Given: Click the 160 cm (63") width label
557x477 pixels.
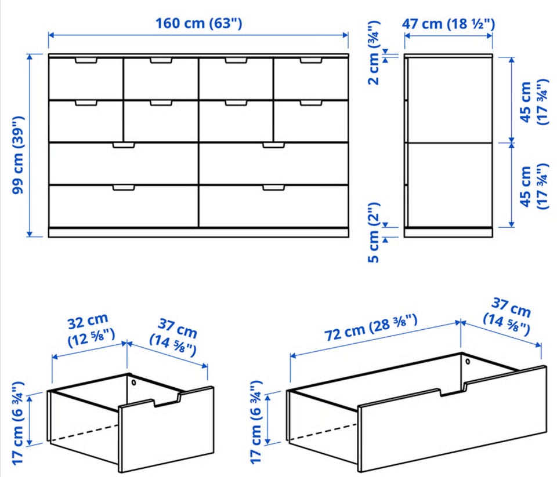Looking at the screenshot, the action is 199,23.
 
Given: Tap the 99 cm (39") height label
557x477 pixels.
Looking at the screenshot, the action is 17,155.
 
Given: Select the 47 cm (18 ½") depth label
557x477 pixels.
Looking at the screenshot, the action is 449,24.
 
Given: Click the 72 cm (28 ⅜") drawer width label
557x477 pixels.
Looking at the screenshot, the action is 371,327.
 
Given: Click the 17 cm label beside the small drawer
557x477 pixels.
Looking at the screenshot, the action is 18,423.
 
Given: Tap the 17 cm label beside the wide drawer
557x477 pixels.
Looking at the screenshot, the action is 256,423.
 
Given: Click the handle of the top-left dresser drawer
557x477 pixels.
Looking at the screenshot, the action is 86,60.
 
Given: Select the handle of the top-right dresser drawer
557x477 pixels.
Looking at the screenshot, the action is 311,60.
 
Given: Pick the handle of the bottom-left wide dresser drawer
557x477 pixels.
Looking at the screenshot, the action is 123,187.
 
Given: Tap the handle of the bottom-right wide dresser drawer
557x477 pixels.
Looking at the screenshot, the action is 273,187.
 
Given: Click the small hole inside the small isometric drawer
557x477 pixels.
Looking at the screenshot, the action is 133,383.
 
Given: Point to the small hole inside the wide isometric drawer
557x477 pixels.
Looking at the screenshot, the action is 468,362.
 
